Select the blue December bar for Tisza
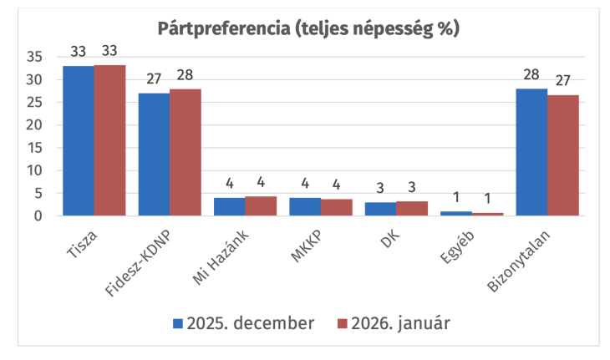pos(79,140)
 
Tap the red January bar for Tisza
pos(109,140)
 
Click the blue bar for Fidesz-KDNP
pos(154,155)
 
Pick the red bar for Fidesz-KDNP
pos(186,152)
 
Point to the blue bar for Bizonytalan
pos(531,152)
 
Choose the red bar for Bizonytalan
pos(563,155)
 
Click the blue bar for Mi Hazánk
pos(230,206)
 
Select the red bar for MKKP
pos(337,207)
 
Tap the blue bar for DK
pos(380,209)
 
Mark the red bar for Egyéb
pos(488,214)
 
